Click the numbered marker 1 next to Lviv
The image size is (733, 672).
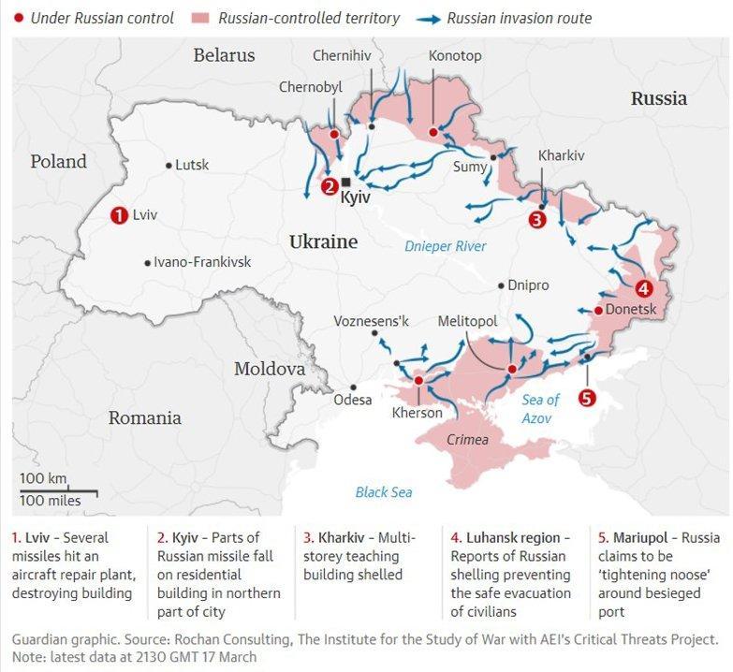click(119, 214)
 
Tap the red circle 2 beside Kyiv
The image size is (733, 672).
click(330, 186)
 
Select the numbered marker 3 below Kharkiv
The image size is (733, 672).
click(536, 220)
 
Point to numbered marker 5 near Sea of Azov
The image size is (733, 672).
click(587, 398)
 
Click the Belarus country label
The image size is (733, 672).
click(224, 55)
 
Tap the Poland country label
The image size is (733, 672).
click(58, 162)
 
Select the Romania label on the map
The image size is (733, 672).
click(144, 417)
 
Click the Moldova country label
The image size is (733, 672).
click(270, 369)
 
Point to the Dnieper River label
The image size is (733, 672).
click(446, 246)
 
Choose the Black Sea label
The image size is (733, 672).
click(383, 492)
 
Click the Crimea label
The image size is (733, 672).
click(467, 440)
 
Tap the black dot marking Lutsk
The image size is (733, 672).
click(169, 166)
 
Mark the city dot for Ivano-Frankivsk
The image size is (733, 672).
click(147, 263)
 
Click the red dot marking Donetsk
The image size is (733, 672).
click(598, 310)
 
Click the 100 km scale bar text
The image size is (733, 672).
click(43, 479)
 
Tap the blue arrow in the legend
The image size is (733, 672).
click(426, 18)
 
